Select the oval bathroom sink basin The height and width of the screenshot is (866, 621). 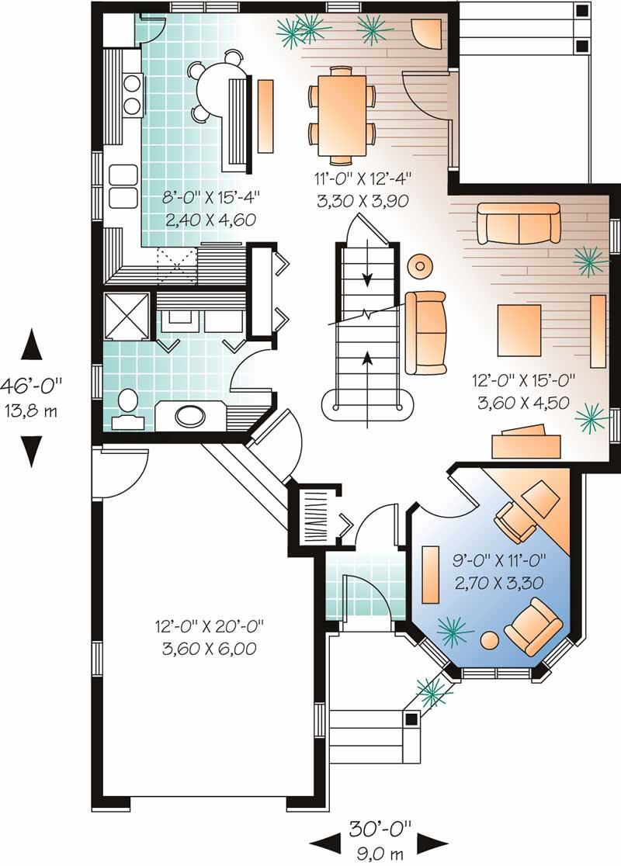pos(191,416)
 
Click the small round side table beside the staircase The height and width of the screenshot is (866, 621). pos(420,266)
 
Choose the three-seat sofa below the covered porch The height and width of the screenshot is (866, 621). pos(518,223)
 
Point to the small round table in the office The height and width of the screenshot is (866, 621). pos(490,640)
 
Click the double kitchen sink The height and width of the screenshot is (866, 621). pos(123,186)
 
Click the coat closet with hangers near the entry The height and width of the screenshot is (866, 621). pos(316,513)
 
